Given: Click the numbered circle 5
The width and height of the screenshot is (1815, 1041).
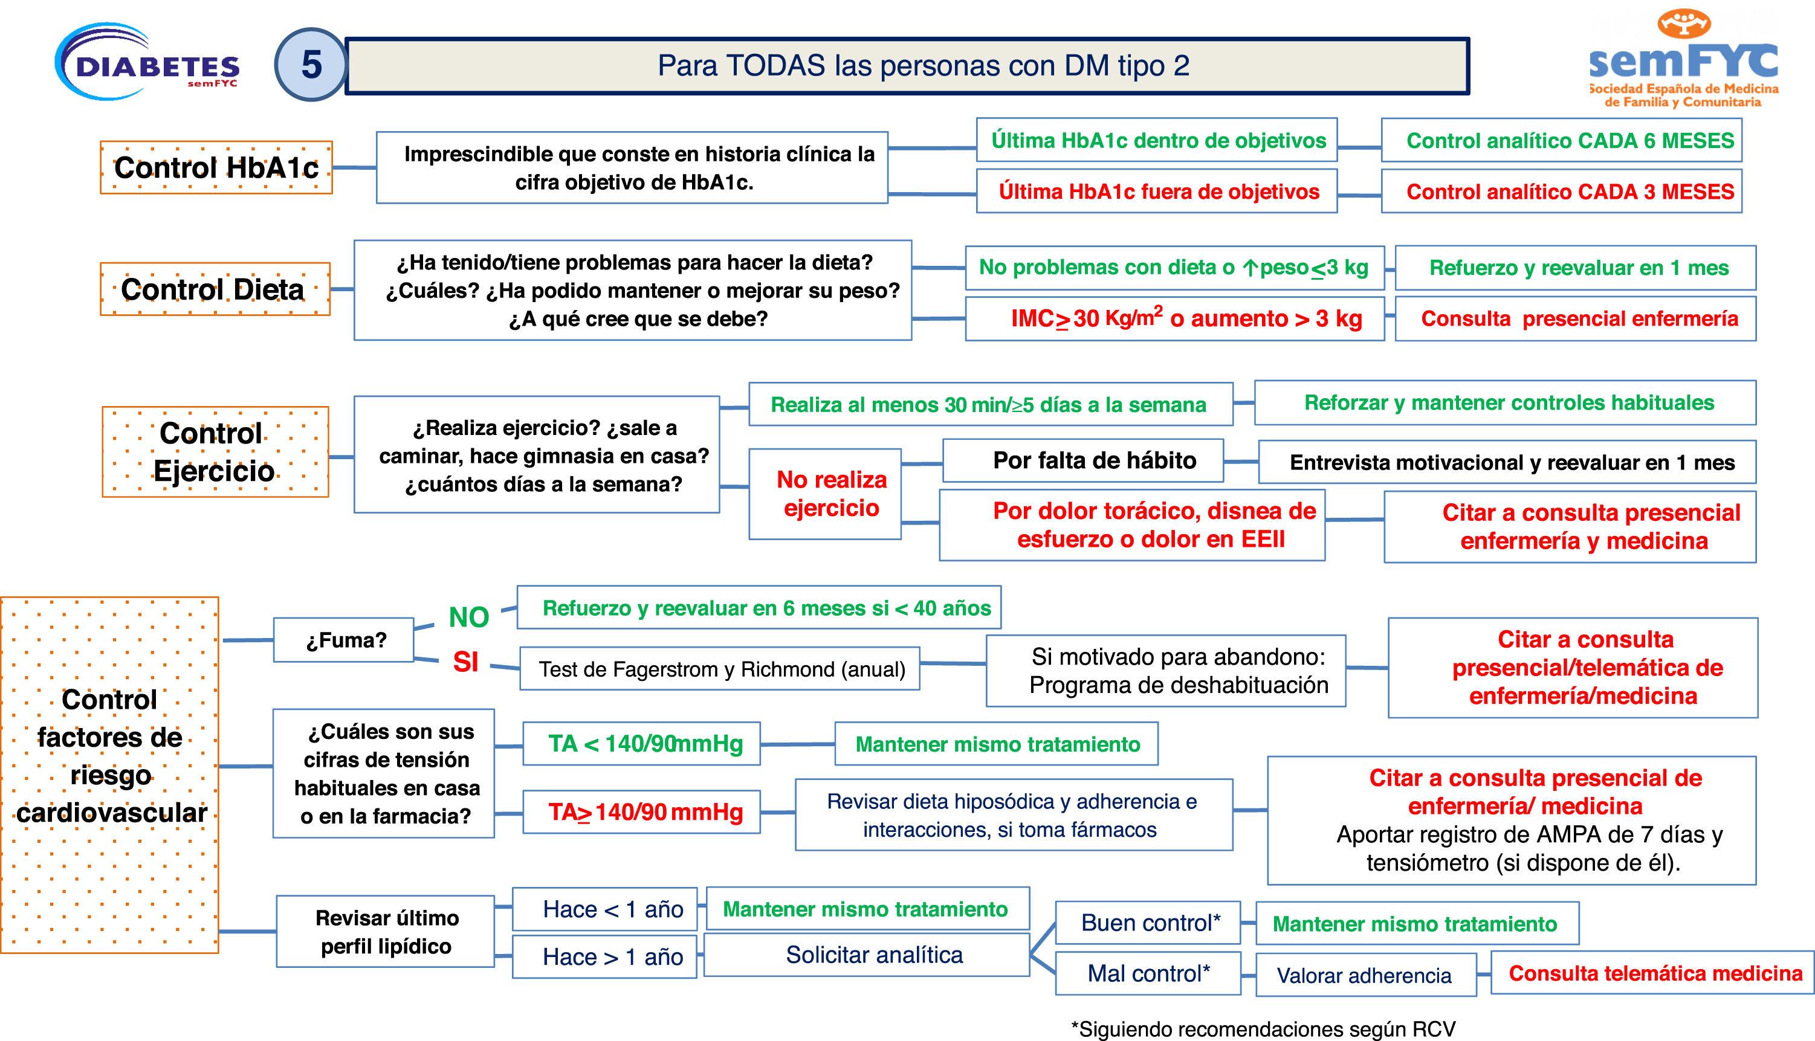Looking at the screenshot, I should click(x=311, y=65).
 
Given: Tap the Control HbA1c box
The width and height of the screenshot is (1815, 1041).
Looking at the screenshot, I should click(x=216, y=167).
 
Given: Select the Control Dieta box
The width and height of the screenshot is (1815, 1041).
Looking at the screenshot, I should click(x=215, y=289).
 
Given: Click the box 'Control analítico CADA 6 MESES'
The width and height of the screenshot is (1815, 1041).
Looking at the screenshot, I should click(x=1561, y=141).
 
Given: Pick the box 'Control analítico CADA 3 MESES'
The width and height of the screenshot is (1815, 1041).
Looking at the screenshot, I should click(x=1561, y=192).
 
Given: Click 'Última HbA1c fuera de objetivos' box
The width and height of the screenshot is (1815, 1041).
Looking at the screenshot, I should click(x=1156, y=192).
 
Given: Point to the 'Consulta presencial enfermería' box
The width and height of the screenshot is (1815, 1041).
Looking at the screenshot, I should click(x=1576, y=319).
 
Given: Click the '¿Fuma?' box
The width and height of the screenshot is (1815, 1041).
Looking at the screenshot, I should click(x=344, y=640).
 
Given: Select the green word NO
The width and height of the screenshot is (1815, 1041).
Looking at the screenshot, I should click(x=468, y=617).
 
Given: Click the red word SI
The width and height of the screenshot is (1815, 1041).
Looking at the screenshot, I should click(x=465, y=663).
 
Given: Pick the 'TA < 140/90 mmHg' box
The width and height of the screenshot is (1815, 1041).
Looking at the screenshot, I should click(x=641, y=744).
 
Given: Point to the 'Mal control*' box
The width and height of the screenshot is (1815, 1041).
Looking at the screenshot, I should click(x=1148, y=974).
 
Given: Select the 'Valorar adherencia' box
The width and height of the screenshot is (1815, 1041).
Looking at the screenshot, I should click(x=1365, y=976).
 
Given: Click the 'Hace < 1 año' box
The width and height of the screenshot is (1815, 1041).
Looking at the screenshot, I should click(x=605, y=909).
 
